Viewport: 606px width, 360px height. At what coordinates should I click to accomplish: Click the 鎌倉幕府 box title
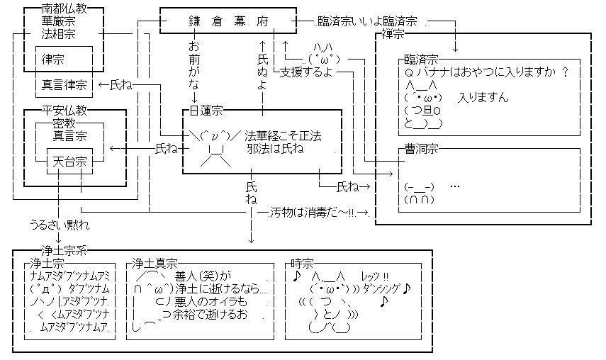click(x=228, y=22)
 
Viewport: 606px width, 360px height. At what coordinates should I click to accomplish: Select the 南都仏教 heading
click(x=64, y=9)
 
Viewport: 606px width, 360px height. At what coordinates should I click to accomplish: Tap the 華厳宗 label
click(x=58, y=21)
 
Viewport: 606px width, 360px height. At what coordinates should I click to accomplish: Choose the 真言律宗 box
click(x=64, y=85)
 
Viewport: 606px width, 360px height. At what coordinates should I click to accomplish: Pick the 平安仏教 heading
click(x=64, y=111)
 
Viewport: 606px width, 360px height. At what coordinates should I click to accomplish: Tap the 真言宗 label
click(x=71, y=136)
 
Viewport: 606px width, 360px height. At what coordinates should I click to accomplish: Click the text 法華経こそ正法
click(x=283, y=136)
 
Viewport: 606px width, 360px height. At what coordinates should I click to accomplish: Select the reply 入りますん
click(x=483, y=98)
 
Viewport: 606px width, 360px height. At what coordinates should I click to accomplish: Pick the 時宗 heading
click(x=301, y=264)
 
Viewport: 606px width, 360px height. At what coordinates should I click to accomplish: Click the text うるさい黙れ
click(x=60, y=225)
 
